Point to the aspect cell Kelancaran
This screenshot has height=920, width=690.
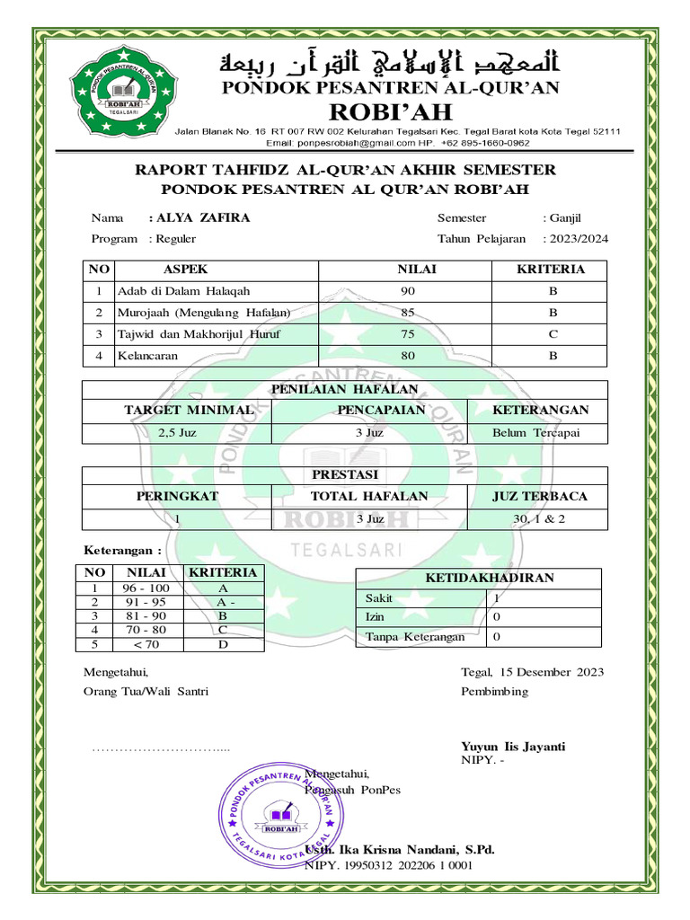click(x=148, y=356)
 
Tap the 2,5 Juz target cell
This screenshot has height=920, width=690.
click(x=177, y=432)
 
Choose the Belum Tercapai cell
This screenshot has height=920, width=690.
click(x=536, y=432)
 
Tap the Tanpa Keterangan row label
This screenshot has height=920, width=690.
click(x=415, y=637)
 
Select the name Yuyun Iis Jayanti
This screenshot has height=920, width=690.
click(x=513, y=747)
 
